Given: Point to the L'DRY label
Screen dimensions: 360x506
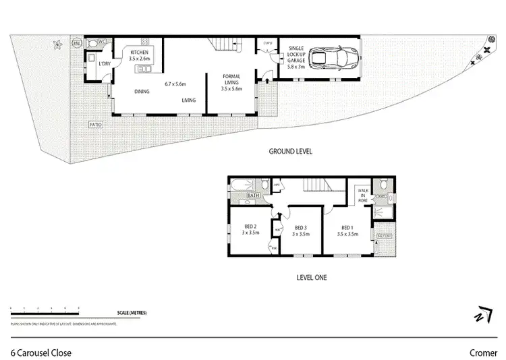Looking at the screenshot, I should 104,64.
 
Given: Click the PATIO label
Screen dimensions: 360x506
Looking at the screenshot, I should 95,125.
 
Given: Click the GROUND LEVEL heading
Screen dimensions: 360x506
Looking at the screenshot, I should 290,152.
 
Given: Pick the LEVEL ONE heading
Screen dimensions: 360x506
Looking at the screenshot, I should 312,276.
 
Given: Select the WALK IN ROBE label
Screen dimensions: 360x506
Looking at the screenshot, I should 364,196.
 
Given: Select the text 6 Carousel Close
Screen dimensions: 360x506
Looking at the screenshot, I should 41,352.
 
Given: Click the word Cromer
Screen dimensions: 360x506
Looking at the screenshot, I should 483,352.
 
